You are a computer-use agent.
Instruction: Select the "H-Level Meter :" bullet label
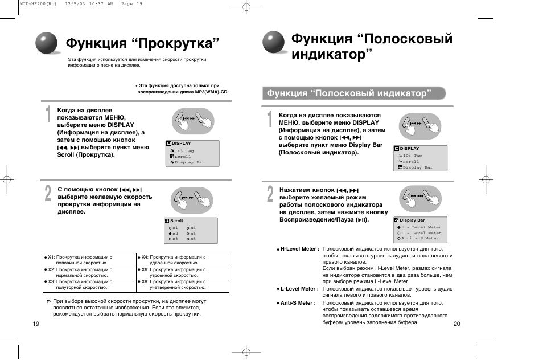pyautogui.click(x=297, y=249)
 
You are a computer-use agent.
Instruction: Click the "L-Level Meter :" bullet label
pyautogui.click(x=297, y=289)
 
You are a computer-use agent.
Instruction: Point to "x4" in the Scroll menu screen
pyautogui.click(x=192, y=228)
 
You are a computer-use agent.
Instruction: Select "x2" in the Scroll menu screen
pyautogui.click(x=175, y=234)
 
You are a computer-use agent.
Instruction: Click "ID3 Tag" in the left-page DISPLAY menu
pyautogui.click(x=184, y=151)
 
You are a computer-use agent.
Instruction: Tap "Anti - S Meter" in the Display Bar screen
pyautogui.click(x=420, y=239)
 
